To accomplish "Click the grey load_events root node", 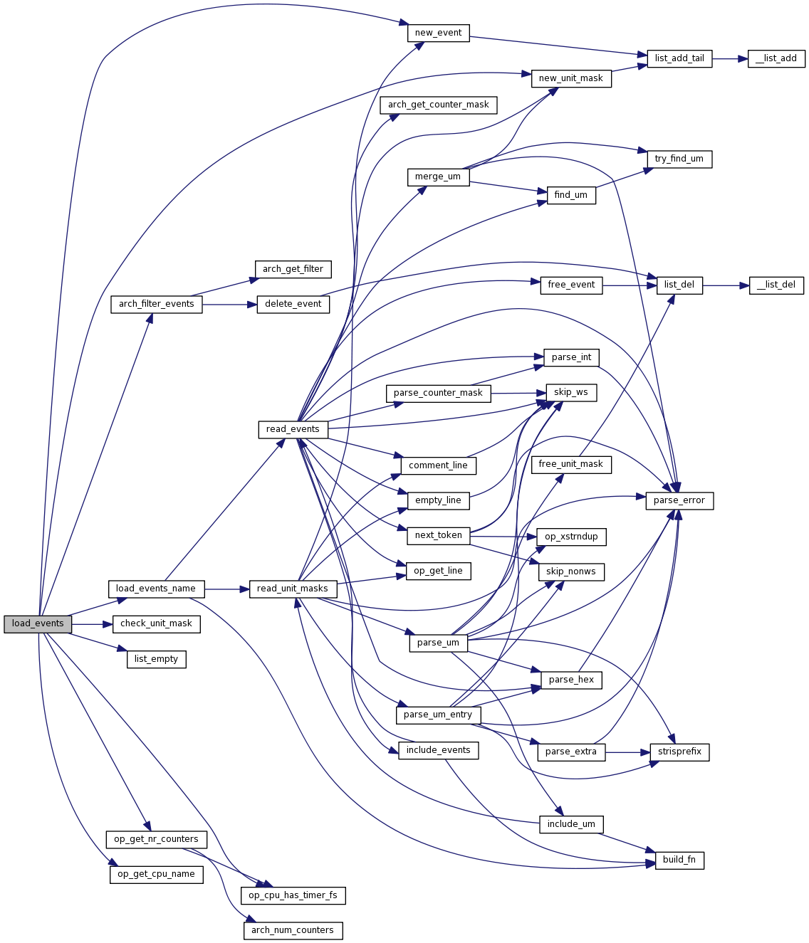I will [x=38, y=624].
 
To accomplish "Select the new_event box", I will [x=438, y=33].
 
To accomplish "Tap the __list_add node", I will [x=776, y=58].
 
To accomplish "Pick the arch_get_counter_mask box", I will [x=438, y=105].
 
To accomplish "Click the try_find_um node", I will [x=679, y=159].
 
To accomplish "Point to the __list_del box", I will [x=776, y=285].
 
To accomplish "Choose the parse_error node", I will [x=679, y=501].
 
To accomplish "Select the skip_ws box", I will [x=570, y=392].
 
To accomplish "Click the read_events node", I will [x=293, y=429].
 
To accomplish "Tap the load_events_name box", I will [x=156, y=589].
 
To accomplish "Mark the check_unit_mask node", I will [x=156, y=624].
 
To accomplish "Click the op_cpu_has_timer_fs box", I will [x=293, y=895].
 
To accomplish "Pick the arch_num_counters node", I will [x=293, y=930].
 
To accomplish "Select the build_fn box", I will [x=679, y=860].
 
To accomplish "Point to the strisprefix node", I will [x=679, y=752].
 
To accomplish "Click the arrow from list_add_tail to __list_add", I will [x=729, y=58].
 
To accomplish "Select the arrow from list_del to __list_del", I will [x=726, y=285].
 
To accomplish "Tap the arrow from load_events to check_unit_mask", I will [x=93, y=624].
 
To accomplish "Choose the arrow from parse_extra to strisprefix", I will [x=627, y=752].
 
